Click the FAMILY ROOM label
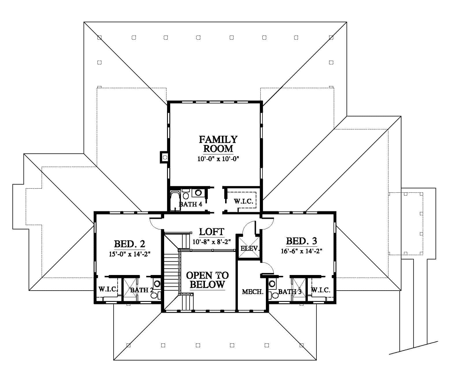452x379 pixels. [x=218, y=144]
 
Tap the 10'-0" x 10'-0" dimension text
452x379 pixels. [x=218, y=159]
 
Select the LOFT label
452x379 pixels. [x=212, y=232]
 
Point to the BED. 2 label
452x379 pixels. [x=129, y=244]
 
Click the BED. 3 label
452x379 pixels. [x=301, y=241]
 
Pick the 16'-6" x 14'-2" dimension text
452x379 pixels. [x=301, y=251]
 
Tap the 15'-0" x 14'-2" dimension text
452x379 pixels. [x=129, y=254]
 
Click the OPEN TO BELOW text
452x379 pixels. [x=208, y=280]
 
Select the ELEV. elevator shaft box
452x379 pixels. [x=249, y=248]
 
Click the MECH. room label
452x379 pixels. [x=253, y=292]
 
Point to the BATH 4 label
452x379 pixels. [x=190, y=204]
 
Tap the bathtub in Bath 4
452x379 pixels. [x=175, y=200]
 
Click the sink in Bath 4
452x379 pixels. [x=198, y=193]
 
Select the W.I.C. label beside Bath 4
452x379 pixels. [x=244, y=202]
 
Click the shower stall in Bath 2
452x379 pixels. [x=130, y=289]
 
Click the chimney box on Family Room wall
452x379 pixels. [x=164, y=157]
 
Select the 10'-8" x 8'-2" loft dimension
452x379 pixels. [x=212, y=241]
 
